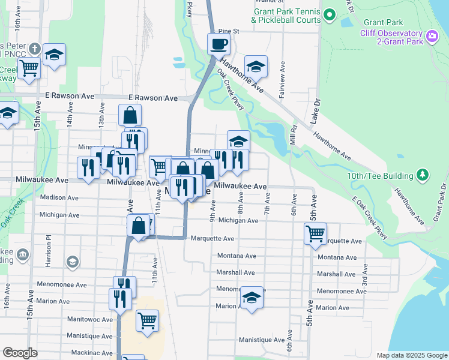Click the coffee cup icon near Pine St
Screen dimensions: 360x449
(x=218, y=43)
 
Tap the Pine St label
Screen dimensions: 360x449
(x=229, y=31)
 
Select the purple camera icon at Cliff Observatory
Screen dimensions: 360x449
(x=432, y=37)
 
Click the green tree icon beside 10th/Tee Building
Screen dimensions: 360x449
(x=424, y=175)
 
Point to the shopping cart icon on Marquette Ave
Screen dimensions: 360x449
(x=315, y=233)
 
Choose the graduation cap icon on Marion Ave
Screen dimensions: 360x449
(x=252, y=298)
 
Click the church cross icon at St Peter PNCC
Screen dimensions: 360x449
(x=34, y=48)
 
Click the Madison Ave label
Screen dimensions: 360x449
(x=59, y=197)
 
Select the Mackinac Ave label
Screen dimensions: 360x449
(x=92, y=352)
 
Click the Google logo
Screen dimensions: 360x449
(x=20, y=353)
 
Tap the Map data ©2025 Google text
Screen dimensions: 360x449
(x=411, y=355)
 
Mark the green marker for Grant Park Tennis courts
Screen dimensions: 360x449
(x=328, y=14)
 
